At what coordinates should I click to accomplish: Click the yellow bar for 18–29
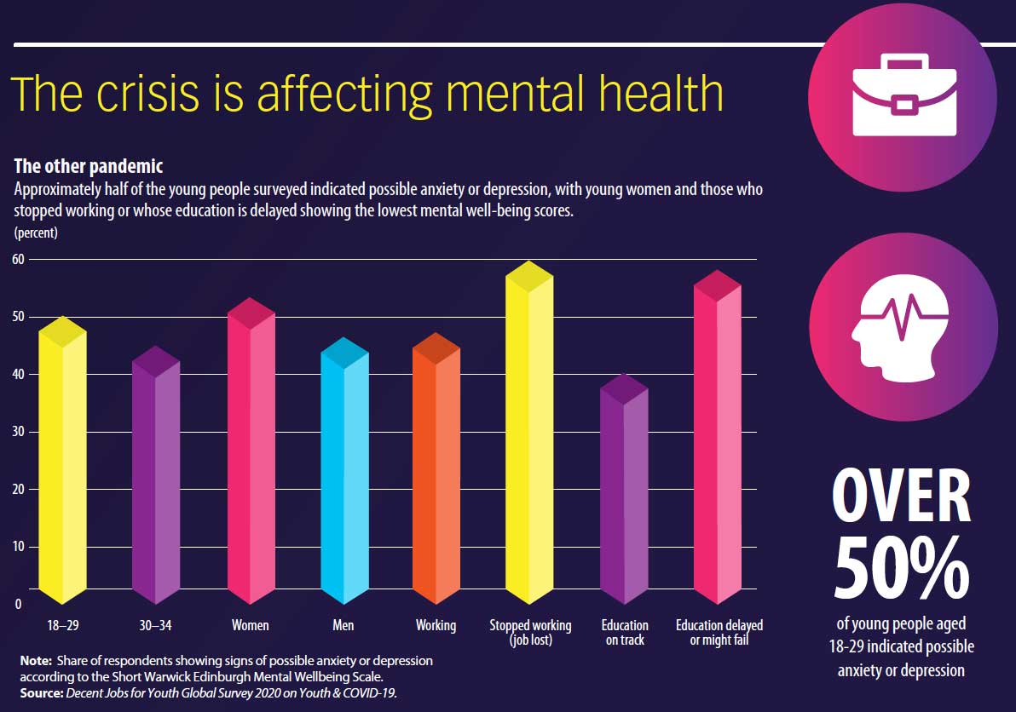(62, 460)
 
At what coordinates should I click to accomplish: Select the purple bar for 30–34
(156, 477)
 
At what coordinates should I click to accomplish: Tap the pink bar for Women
(251, 451)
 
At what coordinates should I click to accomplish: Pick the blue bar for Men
(343, 473)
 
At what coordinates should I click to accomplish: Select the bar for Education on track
(624, 490)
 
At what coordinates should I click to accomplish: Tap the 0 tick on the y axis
(18, 604)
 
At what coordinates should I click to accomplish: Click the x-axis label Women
(251, 625)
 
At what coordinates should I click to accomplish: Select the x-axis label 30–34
(155, 625)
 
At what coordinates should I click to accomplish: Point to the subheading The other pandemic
(88, 166)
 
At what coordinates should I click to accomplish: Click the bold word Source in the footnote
(41, 692)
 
